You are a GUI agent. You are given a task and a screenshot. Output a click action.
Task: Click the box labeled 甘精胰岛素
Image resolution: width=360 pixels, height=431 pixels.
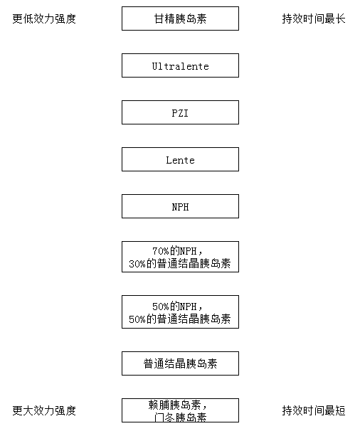click(x=180, y=18)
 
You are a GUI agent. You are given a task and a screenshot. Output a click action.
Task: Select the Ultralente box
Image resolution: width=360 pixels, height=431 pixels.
click(x=180, y=65)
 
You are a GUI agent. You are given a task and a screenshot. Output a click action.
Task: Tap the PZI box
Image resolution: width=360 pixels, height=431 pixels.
click(x=180, y=112)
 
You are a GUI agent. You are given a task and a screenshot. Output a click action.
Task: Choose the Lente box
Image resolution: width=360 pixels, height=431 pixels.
click(x=180, y=159)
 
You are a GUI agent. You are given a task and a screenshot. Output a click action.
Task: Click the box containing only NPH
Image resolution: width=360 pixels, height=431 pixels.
click(x=180, y=206)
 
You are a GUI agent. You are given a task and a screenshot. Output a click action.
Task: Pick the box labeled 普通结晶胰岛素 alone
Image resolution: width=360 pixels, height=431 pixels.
click(x=180, y=363)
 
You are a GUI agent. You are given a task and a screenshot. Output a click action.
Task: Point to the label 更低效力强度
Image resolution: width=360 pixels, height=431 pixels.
click(x=44, y=18)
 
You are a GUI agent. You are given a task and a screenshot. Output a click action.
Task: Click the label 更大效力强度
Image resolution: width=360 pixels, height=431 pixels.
click(x=44, y=410)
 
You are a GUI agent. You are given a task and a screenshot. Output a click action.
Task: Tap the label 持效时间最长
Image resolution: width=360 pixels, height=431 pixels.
click(x=314, y=18)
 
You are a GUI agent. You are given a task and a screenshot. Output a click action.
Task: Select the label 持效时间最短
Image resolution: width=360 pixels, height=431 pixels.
click(x=314, y=410)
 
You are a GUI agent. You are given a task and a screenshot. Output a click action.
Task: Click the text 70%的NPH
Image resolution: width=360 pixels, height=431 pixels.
click(x=174, y=251)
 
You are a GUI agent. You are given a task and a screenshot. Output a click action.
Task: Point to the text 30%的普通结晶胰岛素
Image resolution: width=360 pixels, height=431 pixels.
click(x=180, y=264)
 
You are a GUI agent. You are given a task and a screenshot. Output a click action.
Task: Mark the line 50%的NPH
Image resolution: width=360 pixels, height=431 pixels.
click(x=174, y=307)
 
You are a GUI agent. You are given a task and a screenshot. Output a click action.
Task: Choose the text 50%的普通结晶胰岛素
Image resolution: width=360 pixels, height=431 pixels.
click(x=180, y=319)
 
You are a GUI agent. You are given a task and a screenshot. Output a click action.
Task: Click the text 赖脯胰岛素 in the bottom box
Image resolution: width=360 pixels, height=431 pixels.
click(x=174, y=405)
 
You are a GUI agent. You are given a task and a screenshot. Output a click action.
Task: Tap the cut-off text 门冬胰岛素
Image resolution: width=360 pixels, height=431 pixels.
click(x=180, y=417)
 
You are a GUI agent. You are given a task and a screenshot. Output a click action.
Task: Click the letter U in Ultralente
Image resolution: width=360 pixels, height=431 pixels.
click(x=155, y=66)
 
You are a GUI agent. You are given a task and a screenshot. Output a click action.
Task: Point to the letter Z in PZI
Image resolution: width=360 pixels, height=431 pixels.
click(x=180, y=113)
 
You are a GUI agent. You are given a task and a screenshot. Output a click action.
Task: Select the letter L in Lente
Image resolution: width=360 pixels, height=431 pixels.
click(x=169, y=160)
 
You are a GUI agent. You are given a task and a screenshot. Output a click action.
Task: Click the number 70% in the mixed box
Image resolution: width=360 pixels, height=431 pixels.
click(x=161, y=251)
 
